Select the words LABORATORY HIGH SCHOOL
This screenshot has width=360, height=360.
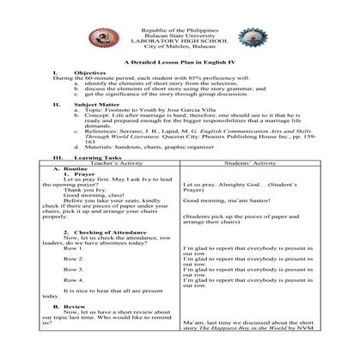click(180, 41)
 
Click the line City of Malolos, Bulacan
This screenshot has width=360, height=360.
click(180, 47)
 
